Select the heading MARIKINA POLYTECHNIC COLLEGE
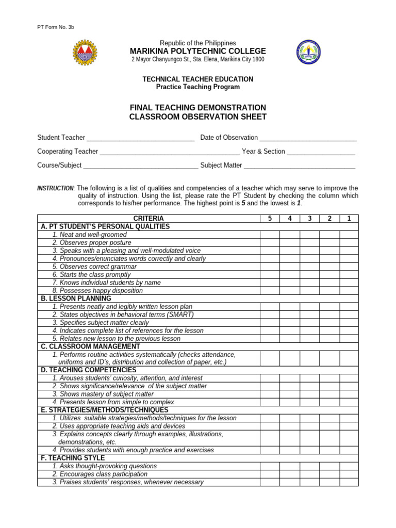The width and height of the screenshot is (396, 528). tap(198, 51)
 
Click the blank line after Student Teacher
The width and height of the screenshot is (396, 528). tap(141, 138)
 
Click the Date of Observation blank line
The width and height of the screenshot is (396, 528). tap(308, 138)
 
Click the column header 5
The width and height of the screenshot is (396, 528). tap(270, 219)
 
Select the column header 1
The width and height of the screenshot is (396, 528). tap(349, 219)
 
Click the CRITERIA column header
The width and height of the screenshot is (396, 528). tap(148, 219)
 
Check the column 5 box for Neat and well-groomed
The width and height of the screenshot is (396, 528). tap(270, 235)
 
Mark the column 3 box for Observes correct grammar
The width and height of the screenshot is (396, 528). tap(309, 267)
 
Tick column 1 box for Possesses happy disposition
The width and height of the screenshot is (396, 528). tap(349, 291)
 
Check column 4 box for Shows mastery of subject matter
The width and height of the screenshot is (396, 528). tap(290, 394)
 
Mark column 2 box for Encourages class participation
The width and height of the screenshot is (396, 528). tap(329, 474)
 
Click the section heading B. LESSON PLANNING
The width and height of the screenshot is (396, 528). tap(76, 299)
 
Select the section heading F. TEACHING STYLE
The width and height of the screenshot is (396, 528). tap(73, 458)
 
